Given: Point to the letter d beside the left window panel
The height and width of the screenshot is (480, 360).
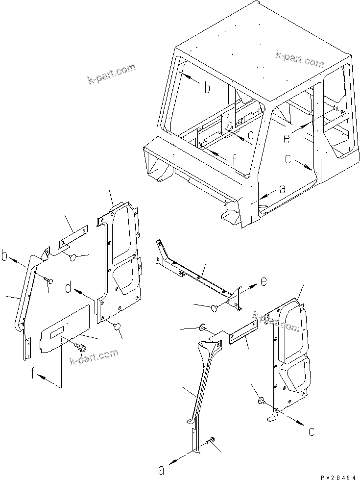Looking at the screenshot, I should [x=68, y=289].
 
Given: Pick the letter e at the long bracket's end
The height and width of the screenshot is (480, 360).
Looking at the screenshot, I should [x=264, y=282].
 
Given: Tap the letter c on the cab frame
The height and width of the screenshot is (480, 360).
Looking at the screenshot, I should [x=288, y=159].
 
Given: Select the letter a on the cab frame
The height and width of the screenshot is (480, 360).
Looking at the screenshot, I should [x=281, y=188].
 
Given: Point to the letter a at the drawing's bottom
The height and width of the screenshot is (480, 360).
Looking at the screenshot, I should [x=161, y=470].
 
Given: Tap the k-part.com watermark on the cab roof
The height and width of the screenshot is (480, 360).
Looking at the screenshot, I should [x=300, y=59].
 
